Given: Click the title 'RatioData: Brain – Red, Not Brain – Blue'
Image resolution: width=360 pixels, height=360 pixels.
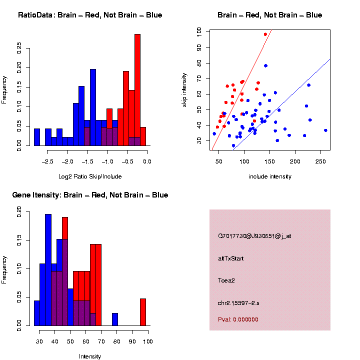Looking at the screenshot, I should coord(90,15).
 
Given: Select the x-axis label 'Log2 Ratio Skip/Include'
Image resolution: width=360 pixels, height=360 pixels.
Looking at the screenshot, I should coord(90,176).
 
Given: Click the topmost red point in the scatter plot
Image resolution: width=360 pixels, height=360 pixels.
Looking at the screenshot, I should coord(265,34).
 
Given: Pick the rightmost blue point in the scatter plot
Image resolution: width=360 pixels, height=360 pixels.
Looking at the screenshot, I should coord(325,130).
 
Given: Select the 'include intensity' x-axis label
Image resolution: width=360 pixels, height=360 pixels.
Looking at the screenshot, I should coord(270,176).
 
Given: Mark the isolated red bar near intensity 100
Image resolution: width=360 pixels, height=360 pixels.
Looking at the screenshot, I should coord(143,312).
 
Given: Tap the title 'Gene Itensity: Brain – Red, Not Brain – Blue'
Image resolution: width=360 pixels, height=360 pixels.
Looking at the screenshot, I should coord(90,195).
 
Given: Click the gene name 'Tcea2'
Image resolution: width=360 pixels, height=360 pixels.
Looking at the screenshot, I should coord(226,280).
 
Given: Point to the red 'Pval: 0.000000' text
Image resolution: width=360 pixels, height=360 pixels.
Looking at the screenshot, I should coord(238,319).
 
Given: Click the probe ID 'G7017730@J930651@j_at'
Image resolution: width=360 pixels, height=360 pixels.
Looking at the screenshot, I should coord(254,236).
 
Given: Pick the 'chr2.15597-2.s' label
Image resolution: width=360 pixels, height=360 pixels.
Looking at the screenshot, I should coord(238,302).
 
